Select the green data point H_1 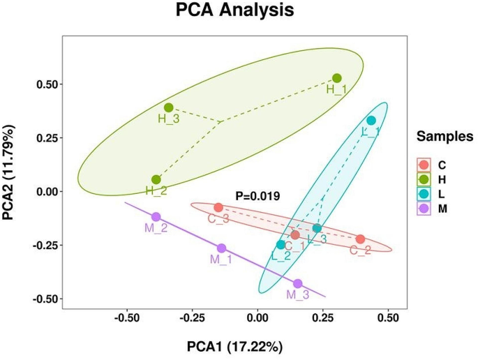coord(337,78)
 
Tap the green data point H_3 coord(169,107)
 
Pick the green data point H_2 coord(156,179)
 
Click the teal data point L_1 coord(371,121)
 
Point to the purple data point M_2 coord(156,217)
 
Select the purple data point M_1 coord(222,248)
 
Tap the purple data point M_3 coord(298,283)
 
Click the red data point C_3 coord(218,207)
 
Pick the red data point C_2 coord(360,239)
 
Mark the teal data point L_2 coord(281,244)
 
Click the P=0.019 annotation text coord(257,196)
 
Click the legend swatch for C coord(424,165)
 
